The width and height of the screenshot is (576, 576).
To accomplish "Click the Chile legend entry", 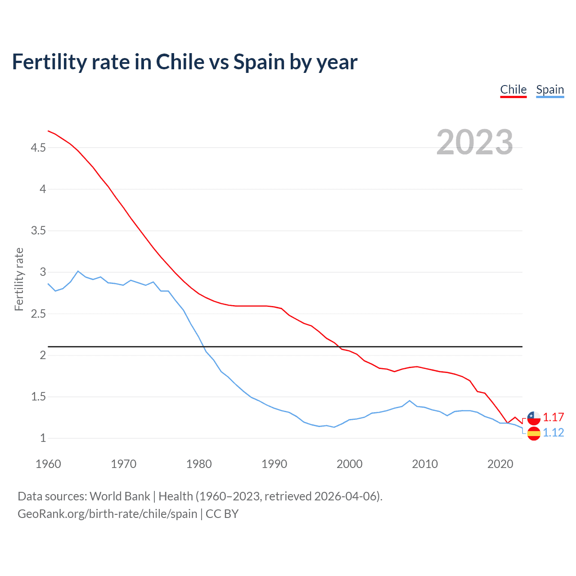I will (x=513, y=90).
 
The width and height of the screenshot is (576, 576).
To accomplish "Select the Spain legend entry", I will (x=550, y=90).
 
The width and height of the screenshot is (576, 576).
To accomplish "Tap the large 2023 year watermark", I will (x=474, y=142).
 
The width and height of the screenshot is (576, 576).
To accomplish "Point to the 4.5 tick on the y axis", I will (x=38, y=148).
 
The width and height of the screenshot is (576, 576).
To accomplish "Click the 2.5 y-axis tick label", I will (x=38, y=314).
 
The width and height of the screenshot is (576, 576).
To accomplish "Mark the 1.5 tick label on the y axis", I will (x=38, y=397).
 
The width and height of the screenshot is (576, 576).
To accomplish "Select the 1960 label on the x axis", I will (x=48, y=464).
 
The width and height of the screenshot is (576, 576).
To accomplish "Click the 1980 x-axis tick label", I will (x=199, y=464).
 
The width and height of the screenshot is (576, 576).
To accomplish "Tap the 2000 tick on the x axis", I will (x=350, y=464).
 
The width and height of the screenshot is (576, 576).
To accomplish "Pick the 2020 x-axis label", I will (x=500, y=464).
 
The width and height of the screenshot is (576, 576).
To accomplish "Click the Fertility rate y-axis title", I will (x=19, y=279).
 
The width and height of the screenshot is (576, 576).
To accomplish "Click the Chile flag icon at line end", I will (x=534, y=418).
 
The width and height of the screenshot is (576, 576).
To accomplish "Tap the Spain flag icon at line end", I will (x=534, y=434).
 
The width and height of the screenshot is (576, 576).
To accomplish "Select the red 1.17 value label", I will (x=553, y=417).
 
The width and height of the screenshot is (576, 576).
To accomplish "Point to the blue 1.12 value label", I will (x=553, y=432).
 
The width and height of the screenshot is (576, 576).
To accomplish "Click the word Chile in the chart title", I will (x=180, y=62).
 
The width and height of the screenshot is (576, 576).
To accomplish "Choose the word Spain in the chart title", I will (x=259, y=62).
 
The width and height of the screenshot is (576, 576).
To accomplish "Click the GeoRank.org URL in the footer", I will (x=107, y=514).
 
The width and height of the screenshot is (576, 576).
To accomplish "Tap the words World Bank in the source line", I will (x=120, y=496).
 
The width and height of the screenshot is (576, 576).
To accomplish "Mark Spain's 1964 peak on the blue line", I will (x=78, y=271).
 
